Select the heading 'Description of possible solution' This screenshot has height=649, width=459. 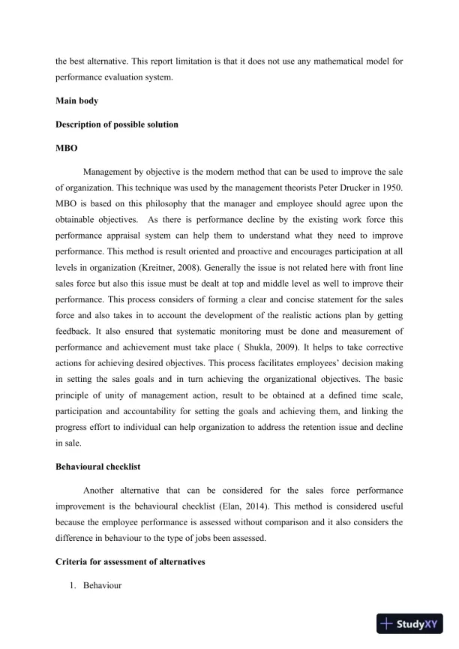coord(117,124)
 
